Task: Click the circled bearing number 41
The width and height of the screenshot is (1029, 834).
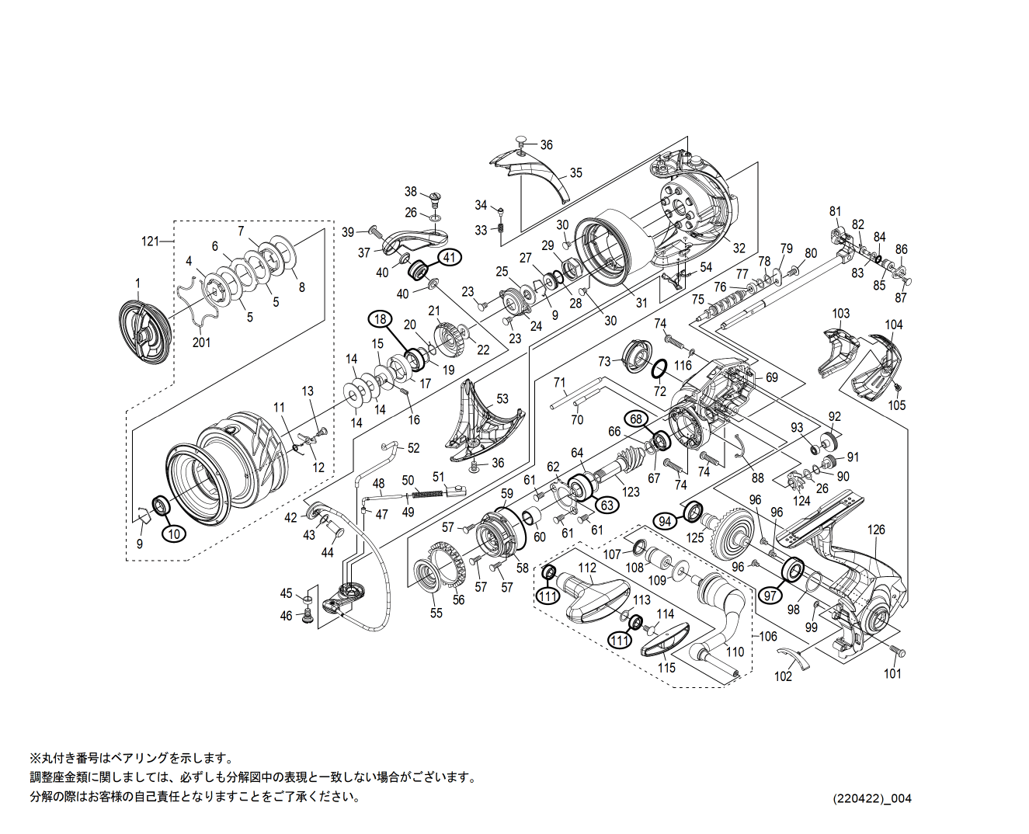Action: (450, 257)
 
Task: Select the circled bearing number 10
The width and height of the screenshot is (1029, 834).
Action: (175, 533)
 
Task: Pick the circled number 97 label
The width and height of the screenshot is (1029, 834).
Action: (770, 596)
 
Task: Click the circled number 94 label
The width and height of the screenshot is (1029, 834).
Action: (665, 521)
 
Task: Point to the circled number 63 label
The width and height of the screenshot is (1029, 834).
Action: (607, 505)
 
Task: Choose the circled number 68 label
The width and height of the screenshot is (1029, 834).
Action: (636, 419)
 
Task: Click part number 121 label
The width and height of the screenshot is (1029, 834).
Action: (150, 241)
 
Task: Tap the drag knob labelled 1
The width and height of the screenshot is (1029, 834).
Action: (144, 332)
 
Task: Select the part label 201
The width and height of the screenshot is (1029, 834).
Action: (201, 342)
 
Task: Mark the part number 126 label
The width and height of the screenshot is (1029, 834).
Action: (876, 530)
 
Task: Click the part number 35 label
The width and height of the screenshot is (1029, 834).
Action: (575, 172)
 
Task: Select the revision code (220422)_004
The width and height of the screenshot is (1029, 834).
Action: (872, 798)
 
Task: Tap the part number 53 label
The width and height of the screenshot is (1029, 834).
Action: (502, 398)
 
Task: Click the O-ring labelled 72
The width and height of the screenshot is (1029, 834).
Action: (659, 368)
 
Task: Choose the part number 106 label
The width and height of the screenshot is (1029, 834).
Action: (767, 636)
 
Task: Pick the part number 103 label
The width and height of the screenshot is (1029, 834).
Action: (841, 314)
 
